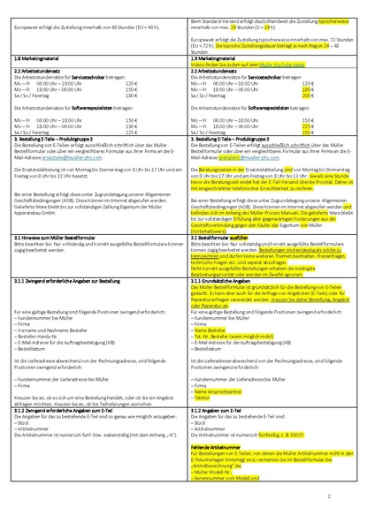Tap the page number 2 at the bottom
pyautogui.click(x=352, y=496)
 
